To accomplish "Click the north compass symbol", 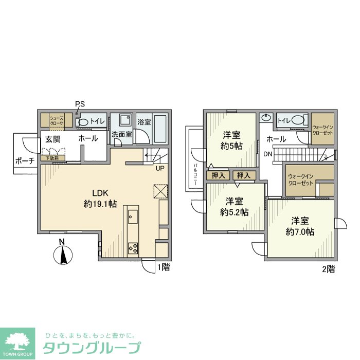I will [x=62, y=254].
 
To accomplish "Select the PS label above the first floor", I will [x=79, y=104].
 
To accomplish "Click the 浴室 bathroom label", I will [x=144, y=122].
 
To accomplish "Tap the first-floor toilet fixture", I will [x=83, y=122].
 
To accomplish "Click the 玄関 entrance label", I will [x=52, y=139].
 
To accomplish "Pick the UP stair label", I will [x=159, y=168].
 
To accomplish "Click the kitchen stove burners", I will [x=133, y=248].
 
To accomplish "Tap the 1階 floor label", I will [x=164, y=267].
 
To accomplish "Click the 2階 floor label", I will [x=328, y=269].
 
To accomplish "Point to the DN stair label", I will [x=267, y=154].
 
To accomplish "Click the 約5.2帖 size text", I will [x=235, y=211].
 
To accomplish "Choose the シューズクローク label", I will [x=56, y=121].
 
